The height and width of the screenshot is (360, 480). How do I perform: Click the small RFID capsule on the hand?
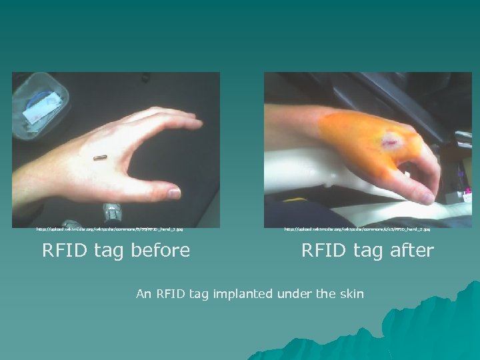100,158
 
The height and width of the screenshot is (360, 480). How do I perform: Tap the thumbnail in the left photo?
173,194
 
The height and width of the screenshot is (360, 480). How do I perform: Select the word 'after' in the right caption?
407,251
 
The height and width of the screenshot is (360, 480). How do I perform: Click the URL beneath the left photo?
109,229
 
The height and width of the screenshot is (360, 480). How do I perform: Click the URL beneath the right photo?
357,229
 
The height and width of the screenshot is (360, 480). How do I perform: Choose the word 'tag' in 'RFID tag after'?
369,251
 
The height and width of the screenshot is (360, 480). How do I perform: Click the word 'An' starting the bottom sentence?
143,293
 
